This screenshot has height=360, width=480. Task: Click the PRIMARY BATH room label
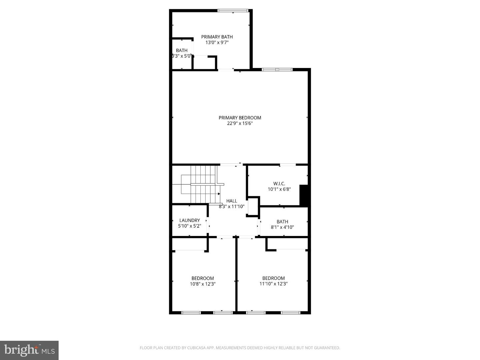click(x=217, y=37)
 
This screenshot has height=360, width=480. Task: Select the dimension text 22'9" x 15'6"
click(x=240, y=123)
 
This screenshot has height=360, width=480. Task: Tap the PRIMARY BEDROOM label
click(x=240, y=118)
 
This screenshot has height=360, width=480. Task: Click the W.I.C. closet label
click(x=279, y=183)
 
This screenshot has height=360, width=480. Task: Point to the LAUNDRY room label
click(x=189, y=220)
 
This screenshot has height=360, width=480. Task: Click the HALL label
click(x=231, y=201)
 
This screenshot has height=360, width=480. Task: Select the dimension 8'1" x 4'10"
click(x=282, y=227)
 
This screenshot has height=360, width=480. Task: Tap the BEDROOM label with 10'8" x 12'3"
click(x=202, y=278)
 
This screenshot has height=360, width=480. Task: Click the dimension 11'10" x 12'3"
click(x=273, y=284)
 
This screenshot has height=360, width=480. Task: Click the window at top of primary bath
click(x=233, y=11)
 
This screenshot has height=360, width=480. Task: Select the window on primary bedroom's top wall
click(x=277, y=70)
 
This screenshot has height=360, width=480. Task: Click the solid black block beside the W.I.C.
click(x=304, y=195)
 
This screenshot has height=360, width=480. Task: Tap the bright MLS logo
click(x=29, y=350)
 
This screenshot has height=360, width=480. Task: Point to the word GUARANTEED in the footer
click(x=327, y=348)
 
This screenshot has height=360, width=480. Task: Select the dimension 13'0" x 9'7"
click(x=217, y=42)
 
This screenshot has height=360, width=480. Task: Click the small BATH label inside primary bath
click(x=182, y=50)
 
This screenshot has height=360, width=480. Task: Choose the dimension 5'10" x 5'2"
click(x=189, y=226)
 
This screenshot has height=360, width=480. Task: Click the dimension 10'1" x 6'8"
click(x=279, y=189)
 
